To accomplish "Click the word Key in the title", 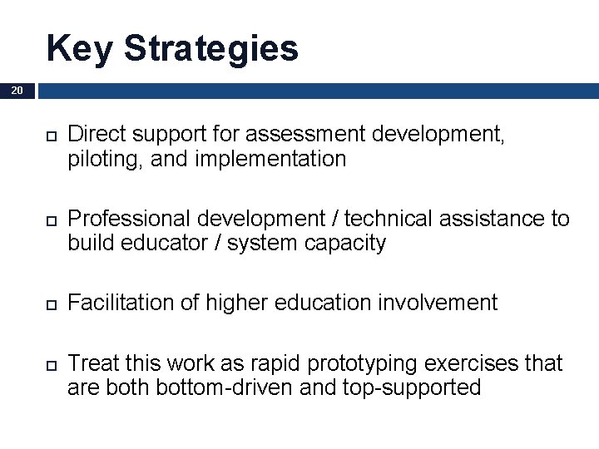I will pos(81,48).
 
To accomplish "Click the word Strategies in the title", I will pos(211,50).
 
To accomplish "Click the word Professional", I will pos(129,219).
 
